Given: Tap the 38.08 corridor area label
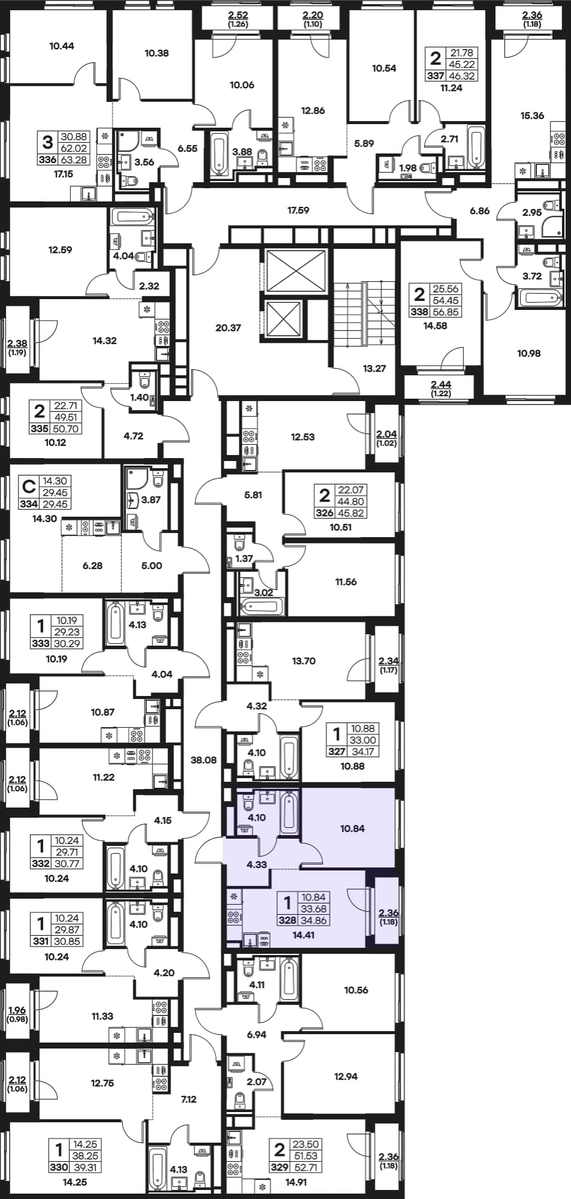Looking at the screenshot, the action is (203, 760).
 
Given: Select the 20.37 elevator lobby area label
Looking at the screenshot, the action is (228, 328).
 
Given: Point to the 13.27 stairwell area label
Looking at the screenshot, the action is (374, 369).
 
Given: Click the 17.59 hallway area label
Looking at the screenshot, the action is (299, 210).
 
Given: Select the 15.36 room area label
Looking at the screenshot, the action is (533, 116).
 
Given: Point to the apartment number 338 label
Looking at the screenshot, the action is (419, 312).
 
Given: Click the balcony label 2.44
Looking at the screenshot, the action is (441, 384).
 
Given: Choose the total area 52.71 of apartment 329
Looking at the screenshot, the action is (305, 1167).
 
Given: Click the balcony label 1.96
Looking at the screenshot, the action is (18, 1010).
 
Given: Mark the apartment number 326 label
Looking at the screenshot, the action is (324, 513).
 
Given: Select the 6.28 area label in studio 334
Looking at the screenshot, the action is (92, 565).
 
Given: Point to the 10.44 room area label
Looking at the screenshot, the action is (62, 46).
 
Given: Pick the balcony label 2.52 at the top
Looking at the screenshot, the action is (238, 15).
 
